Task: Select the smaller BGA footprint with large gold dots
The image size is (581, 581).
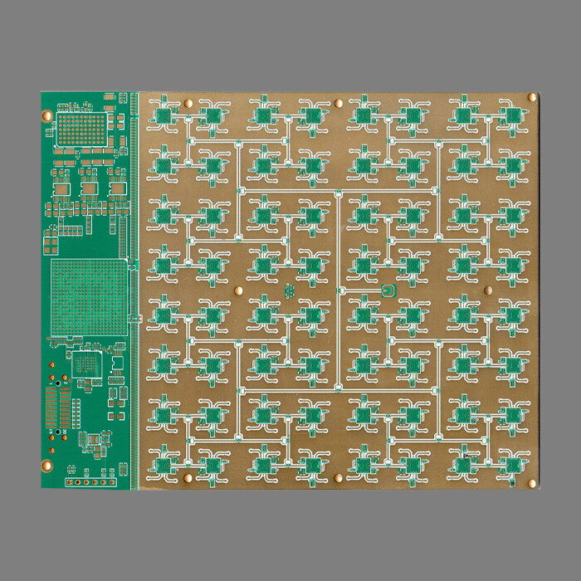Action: (81, 128)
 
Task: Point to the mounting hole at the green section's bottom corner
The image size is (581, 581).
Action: (46, 466)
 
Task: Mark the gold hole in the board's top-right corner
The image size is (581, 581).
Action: (532, 99)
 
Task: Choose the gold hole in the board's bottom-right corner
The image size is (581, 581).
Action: (532, 482)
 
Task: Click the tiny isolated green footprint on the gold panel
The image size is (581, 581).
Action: (289, 290)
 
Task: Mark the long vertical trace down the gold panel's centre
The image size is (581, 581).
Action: (339, 290)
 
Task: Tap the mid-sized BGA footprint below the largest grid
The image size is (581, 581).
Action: (86, 364)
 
